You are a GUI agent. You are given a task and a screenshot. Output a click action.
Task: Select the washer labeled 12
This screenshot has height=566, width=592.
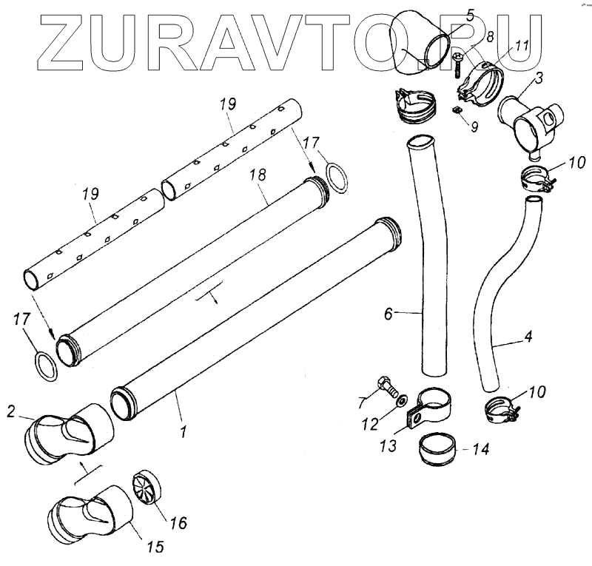click(x=401, y=401)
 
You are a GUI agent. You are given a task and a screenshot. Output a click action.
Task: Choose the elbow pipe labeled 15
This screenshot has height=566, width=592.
click(x=90, y=513)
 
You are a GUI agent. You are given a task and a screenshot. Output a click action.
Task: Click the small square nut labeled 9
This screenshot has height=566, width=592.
click(x=457, y=110)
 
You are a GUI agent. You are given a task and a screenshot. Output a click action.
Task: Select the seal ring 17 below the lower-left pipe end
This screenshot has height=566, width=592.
click(x=46, y=366)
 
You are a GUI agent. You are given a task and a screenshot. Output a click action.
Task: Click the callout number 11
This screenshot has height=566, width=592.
click(x=522, y=46)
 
